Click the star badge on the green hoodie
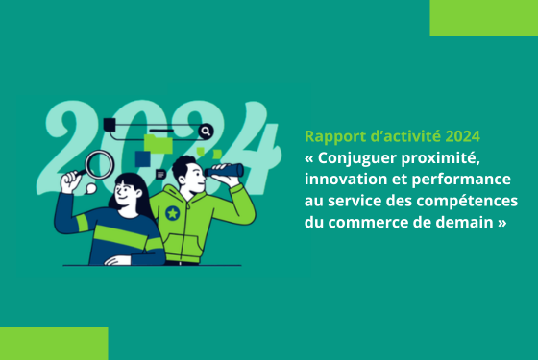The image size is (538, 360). (x=172, y=212)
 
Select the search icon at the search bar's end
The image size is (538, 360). (x=205, y=130)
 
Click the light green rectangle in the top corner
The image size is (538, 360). (x=483, y=17)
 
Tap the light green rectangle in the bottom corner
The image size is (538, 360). (x=54, y=343)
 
